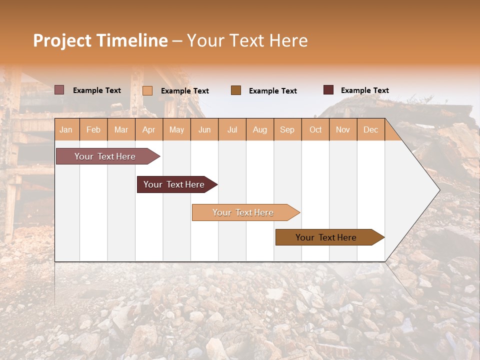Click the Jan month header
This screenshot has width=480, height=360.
coord(66,129)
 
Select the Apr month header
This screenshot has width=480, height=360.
coord(149,129)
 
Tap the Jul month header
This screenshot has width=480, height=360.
coord(232,129)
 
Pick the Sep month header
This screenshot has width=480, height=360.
coord(287,129)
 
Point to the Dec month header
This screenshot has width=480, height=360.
coord(370,129)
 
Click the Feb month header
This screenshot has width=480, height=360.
coord(93,129)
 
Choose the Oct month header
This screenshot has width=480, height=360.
coord(315,129)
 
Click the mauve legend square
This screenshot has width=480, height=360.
coord(59,90)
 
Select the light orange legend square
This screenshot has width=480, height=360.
coord(147,90)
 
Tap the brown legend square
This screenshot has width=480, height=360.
coord(236,90)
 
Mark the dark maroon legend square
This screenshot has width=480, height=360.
coord(328,90)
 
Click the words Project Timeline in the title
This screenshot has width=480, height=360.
coord(100,40)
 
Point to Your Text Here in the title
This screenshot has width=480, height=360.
coord(247,40)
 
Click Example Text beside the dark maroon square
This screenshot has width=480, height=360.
coord(364,90)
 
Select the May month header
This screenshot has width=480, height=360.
coord(176,129)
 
